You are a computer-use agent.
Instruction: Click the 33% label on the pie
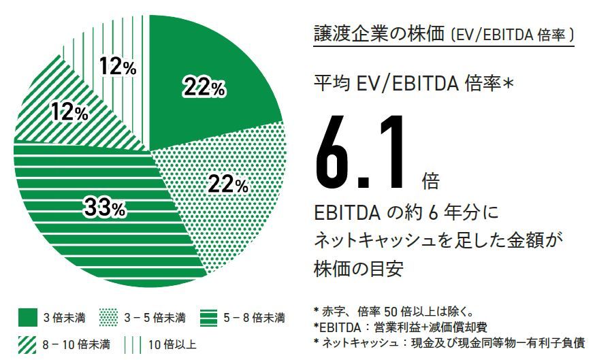104,208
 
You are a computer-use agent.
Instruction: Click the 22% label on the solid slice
204,87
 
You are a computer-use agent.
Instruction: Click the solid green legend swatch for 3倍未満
28,317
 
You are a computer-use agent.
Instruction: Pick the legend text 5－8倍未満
254,318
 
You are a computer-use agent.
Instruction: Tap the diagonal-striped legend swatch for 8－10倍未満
28,344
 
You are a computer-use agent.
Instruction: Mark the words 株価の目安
358,267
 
